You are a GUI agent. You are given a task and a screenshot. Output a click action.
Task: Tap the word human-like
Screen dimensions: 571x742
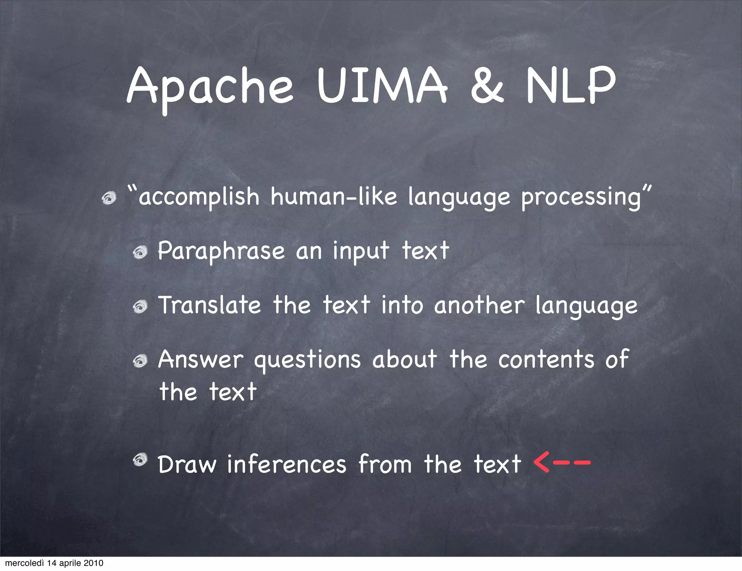coord(334,197)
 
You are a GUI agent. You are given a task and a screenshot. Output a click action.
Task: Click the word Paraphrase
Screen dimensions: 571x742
coord(221,251)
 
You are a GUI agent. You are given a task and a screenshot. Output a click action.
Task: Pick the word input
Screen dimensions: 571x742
coord(361,251)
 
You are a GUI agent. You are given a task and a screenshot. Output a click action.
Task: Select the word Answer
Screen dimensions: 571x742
coord(201,359)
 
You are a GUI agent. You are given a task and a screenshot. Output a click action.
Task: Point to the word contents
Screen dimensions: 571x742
coord(546,359)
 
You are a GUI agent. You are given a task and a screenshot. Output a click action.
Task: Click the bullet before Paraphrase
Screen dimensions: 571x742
coord(139,253)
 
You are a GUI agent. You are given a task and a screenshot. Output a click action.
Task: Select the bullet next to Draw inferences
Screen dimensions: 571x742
coord(139,460)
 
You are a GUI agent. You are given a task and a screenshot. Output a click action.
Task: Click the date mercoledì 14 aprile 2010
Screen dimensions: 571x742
coord(54,563)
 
